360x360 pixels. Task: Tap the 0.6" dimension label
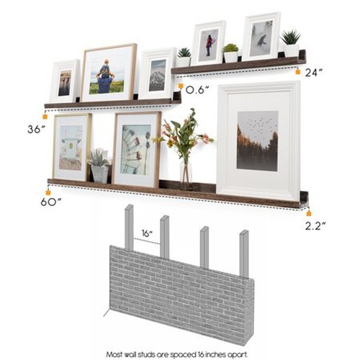[197, 90]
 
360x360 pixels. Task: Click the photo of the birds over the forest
[257, 140]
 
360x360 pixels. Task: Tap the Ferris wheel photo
[136, 149]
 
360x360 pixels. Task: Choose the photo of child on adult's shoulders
[107, 74]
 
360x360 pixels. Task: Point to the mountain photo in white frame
[157, 75]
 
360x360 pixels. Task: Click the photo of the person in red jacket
[210, 43]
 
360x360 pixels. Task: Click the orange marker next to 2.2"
[307, 213]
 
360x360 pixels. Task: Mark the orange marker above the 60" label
[48, 192]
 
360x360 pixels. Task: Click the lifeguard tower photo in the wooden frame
[71, 147]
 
